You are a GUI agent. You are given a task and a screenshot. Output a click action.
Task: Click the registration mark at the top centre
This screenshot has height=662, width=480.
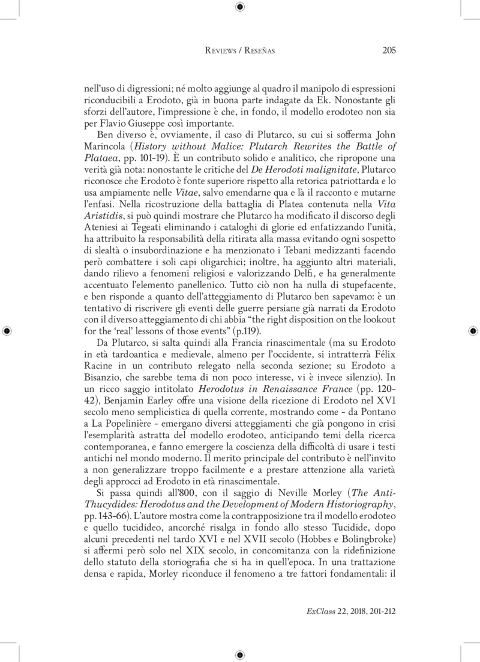(x=240, y=7)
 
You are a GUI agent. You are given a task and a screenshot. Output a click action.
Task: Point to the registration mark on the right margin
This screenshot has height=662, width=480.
(x=473, y=331)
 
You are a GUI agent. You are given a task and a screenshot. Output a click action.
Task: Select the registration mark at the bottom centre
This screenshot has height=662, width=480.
(x=240, y=654)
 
